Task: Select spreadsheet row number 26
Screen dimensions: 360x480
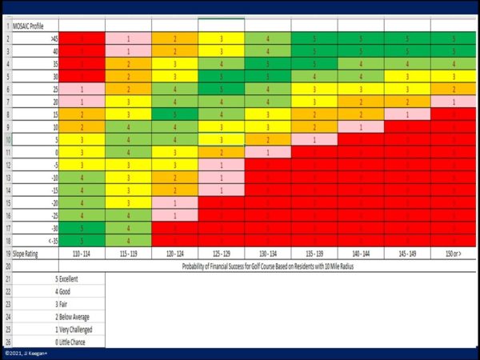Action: coord(8,342)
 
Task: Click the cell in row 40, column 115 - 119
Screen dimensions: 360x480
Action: coord(128,50)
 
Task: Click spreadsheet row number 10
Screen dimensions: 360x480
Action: coord(8,138)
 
